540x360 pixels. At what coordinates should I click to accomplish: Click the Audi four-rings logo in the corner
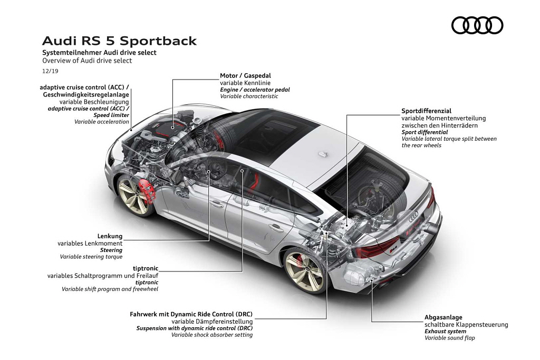(477, 25)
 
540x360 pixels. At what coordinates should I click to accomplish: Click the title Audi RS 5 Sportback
(119, 41)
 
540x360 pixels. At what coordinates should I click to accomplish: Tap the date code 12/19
(50, 71)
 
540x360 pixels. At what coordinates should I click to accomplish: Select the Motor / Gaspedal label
(245, 76)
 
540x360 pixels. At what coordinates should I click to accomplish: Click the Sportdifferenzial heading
(426, 111)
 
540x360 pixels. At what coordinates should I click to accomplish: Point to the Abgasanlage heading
(443, 317)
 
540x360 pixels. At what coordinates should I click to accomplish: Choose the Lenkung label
(110, 236)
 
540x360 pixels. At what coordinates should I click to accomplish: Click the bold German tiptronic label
(146, 268)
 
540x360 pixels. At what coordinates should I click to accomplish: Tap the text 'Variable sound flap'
(449, 338)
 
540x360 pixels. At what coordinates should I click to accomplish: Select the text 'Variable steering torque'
(91, 257)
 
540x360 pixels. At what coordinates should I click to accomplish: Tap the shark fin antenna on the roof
(322, 154)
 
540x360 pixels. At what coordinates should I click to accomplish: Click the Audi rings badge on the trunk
(413, 216)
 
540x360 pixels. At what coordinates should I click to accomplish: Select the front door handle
(217, 205)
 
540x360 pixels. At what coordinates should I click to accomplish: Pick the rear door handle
(276, 228)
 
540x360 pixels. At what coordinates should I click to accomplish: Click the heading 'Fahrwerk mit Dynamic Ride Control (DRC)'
(191, 314)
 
